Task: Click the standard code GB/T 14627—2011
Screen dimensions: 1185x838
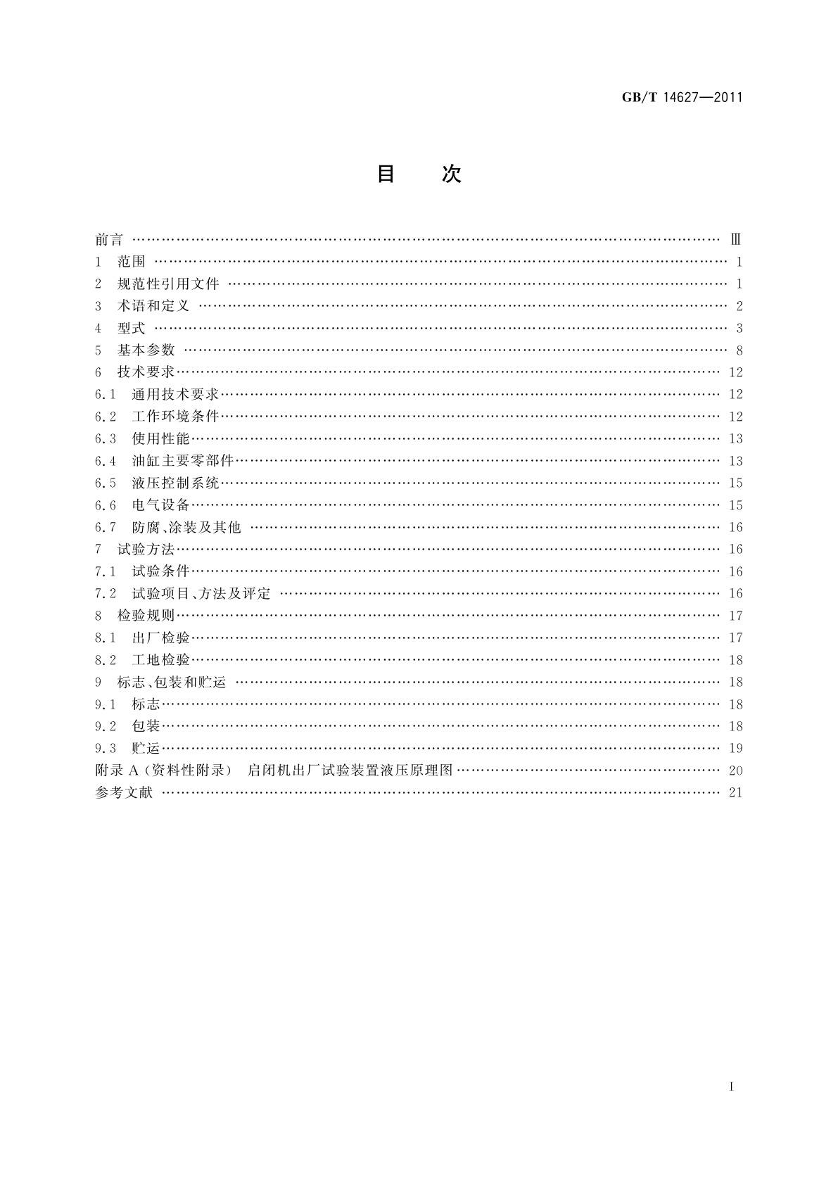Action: [683, 97]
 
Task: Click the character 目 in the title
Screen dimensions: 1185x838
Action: [386, 174]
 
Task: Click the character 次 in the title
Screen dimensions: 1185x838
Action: [451, 174]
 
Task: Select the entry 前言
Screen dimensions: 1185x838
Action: [109, 240]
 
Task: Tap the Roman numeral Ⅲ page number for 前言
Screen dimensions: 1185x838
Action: [736, 240]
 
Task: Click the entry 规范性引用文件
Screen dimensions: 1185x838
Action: [169, 284]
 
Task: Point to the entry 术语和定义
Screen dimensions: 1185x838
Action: [153, 306]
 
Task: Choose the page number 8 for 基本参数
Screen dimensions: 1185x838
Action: [739, 350]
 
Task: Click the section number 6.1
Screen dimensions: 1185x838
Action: [106, 395]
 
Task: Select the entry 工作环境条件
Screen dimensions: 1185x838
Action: [176, 417]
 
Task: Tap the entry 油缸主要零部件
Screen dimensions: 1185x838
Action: [183, 461]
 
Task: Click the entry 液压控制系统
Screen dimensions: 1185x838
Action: [176, 483]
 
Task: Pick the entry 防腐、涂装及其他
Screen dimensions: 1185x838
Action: [186, 527]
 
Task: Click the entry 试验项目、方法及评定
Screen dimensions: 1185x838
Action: [201, 593]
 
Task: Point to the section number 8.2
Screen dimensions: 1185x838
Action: [106, 660]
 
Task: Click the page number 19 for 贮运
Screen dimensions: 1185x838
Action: [736, 748]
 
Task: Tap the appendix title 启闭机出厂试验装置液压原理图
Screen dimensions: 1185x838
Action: [350, 770]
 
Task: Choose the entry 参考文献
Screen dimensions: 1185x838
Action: [124, 792]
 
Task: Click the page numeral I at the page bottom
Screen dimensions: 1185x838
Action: [732, 1087]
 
